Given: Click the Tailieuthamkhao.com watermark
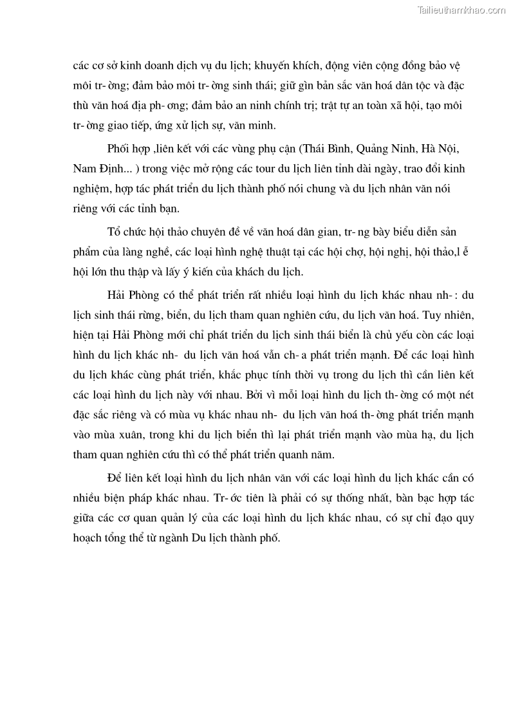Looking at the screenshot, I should tap(461, 10).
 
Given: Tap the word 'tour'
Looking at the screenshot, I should tap(284, 169).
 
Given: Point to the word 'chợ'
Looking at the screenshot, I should tap(373, 250).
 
